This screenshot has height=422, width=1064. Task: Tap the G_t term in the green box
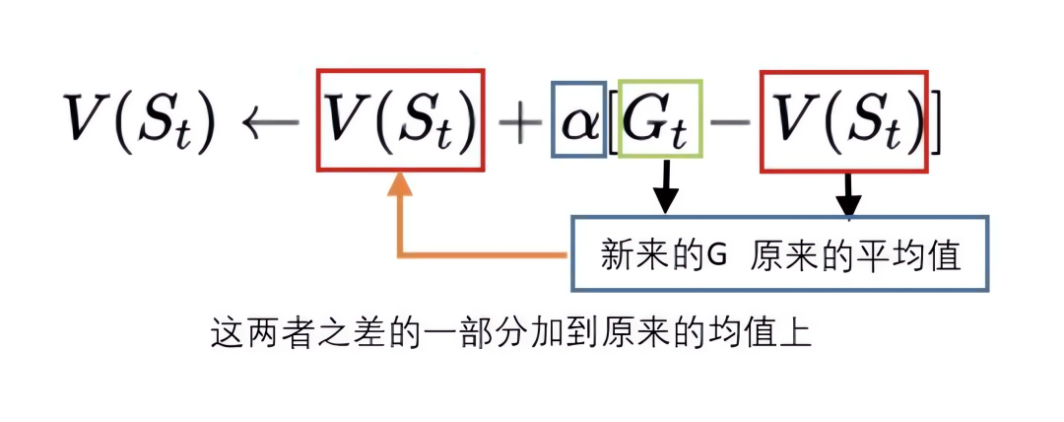pos(659,122)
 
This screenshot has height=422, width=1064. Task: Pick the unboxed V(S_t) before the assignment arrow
pos(137,124)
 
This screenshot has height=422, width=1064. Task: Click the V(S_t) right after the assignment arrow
pos(402,123)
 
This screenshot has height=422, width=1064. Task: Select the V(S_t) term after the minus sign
pos(845,123)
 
